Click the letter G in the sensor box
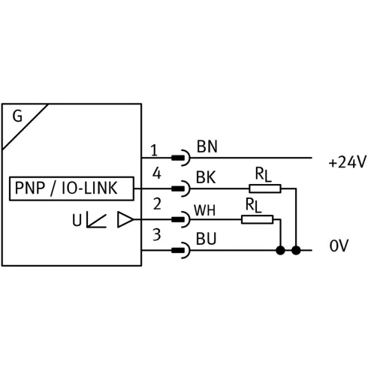[x=17, y=116]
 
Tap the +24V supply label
[x=347, y=162]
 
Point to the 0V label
[x=339, y=246]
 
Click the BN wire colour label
[x=207, y=146]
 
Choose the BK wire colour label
[x=206, y=177]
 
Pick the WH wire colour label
[x=204, y=210]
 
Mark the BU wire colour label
[x=206, y=239]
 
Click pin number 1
[x=154, y=150]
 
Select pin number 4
[x=157, y=173]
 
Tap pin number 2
[x=157, y=204]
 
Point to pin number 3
[x=157, y=235]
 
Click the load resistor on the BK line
[x=265, y=189]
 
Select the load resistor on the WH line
[x=257, y=219]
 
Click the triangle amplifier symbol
[x=125, y=219]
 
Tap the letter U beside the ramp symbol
[x=77, y=221]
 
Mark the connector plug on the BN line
[x=181, y=158]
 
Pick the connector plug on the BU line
[x=181, y=250]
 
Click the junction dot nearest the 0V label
[x=296, y=250]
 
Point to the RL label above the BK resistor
[x=263, y=174]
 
